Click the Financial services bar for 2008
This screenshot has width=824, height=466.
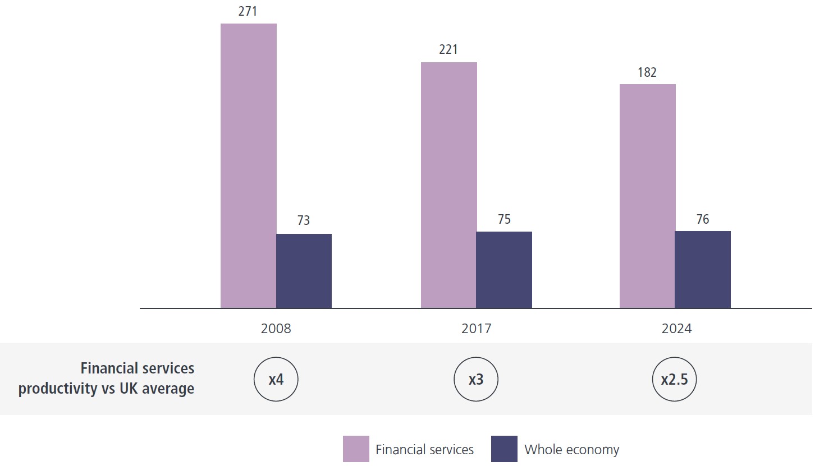point(248,165)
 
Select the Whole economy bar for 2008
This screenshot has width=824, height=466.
point(304,271)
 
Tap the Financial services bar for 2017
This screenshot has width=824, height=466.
point(448,185)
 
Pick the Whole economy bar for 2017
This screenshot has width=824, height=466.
point(504,270)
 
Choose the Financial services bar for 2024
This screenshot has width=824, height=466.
point(647,196)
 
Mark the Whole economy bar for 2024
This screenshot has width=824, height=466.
point(703,269)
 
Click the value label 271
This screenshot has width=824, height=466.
point(248,11)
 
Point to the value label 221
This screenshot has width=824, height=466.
point(448,49)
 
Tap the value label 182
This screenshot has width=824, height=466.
point(647,72)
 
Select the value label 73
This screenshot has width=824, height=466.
point(304,220)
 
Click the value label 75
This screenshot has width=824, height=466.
point(504,219)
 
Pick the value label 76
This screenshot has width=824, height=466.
point(703,219)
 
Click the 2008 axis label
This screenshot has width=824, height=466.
point(276,329)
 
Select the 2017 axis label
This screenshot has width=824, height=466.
point(476,329)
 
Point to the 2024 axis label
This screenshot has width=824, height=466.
point(676,329)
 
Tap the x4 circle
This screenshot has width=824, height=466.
point(276,380)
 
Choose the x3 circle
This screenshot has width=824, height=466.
point(476,380)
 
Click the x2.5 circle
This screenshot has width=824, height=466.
point(674,380)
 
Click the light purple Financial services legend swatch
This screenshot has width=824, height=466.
point(356,449)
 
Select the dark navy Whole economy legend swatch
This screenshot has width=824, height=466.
point(504,449)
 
